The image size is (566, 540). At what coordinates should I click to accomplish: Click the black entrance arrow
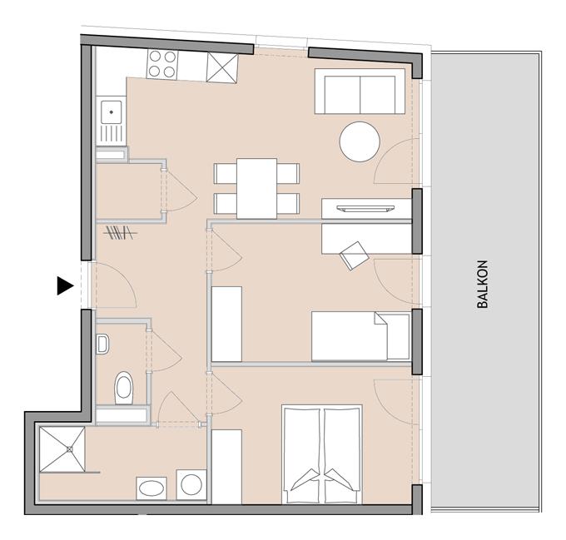(x=65, y=285)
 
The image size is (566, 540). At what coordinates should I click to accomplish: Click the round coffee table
(x=360, y=141)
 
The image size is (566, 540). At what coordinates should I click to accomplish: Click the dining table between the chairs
(x=256, y=188)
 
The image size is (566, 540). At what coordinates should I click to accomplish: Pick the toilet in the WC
(x=123, y=385)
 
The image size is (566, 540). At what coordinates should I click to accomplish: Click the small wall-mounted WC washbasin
(x=102, y=342)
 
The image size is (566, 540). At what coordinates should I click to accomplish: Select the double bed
(x=323, y=454)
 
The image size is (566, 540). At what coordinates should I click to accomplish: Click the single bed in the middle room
(x=360, y=336)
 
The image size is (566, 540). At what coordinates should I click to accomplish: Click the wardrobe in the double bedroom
(x=226, y=466)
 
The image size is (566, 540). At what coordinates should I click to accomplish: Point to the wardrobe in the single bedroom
(x=226, y=324)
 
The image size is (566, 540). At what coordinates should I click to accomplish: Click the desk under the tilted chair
(x=366, y=239)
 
